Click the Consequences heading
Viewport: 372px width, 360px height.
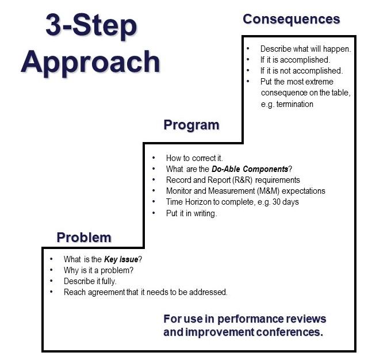(x=291, y=19)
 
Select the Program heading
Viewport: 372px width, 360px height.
(x=191, y=125)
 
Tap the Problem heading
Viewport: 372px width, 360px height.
(x=84, y=237)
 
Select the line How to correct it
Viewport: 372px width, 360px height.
(x=193, y=158)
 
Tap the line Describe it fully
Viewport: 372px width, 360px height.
(x=91, y=281)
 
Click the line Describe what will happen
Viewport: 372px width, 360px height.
(x=305, y=49)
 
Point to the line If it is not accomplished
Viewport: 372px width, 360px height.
(x=301, y=71)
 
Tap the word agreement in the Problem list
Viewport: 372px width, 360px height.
(x=107, y=292)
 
